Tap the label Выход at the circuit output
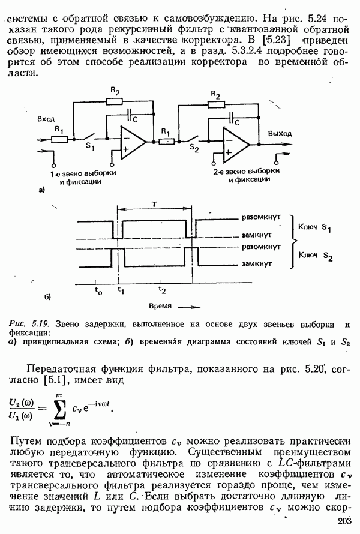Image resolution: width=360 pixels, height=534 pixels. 280,133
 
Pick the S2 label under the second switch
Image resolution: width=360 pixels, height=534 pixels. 193,146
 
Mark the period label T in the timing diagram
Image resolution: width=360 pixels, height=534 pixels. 154,204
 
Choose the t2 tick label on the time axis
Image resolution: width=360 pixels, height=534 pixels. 161,290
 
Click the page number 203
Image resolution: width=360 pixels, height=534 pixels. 346,521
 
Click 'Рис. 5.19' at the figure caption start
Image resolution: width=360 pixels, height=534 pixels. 28,325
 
